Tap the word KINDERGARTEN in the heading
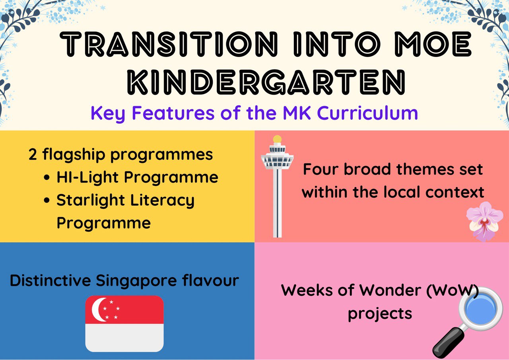tap(266, 82)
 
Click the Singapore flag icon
tap(124, 324)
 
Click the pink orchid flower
tap(484, 221)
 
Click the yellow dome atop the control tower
tap(277, 139)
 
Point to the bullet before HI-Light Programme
tap(47, 177)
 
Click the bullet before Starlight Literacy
tap(47, 200)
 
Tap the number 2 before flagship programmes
tap(33, 155)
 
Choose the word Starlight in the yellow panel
tap(91, 200)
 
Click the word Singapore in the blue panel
tap(136, 281)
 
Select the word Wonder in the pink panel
tap(390, 290)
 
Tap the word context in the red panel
tap(455, 192)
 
